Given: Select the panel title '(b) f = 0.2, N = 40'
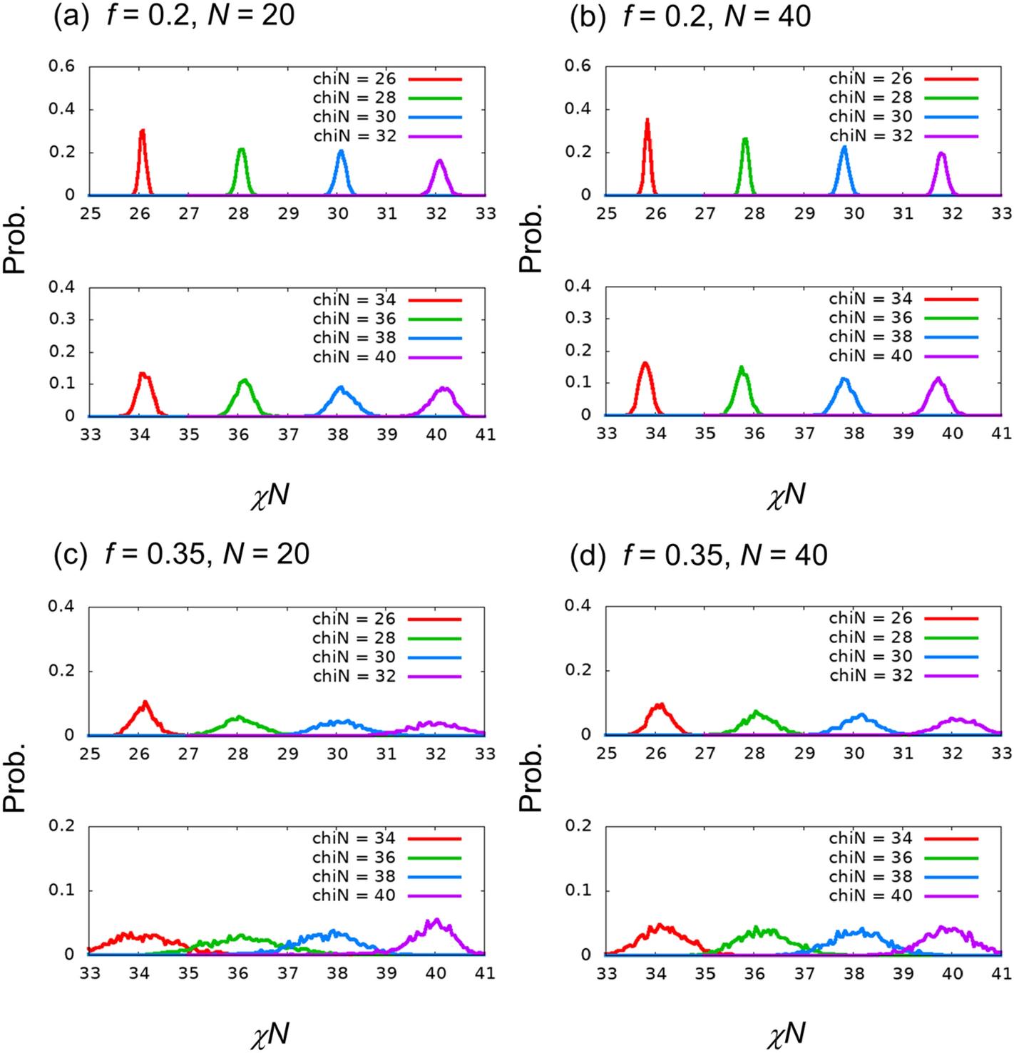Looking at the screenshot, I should click(x=690, y=16).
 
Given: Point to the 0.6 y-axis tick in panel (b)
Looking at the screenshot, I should click(x=578, y=66).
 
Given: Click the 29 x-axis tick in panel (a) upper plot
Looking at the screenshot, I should click(x=288, y=214).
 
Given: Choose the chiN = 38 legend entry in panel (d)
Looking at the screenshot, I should click(x=902, y=877).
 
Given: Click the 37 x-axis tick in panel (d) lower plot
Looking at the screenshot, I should click(x=804, y=974).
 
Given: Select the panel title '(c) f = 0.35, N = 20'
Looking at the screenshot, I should click(x=181, y=554).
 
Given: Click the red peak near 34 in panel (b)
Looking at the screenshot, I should click(x=645, y=364).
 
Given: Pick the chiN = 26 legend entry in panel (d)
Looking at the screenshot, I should click(x=902, y=618).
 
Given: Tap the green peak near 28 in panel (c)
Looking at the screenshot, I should click(x=238, y=717).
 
